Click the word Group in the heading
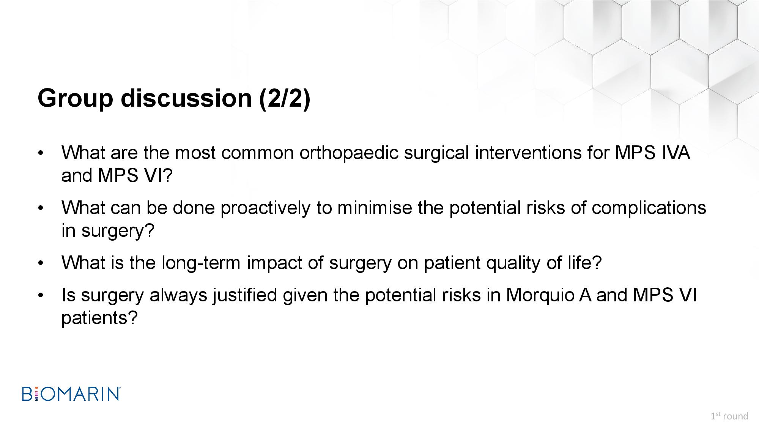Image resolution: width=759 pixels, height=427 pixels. [75, 98]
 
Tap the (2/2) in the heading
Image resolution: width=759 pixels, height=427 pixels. [285, 99]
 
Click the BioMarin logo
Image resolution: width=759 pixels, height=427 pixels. [71, 394]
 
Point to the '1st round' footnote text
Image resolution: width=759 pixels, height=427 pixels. [729, 416]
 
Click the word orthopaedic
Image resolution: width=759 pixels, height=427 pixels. [349, 153]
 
